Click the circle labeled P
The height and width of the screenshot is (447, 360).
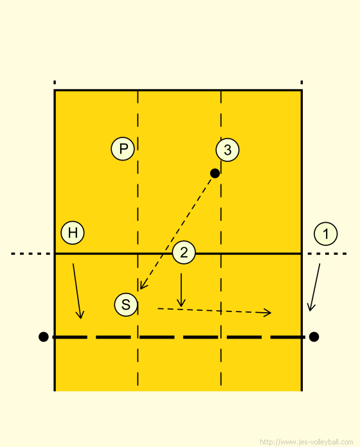click(123, 148)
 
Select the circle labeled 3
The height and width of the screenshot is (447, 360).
click(228, 150)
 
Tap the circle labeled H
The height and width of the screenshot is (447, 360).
click(73, 232)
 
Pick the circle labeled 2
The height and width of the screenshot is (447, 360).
click(184, 252)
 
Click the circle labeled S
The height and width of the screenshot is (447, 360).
click(126, 304)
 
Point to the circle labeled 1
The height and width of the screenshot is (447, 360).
click(326, 234)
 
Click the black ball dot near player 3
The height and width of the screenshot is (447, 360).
click(215, 173)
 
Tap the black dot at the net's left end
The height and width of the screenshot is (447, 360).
click(43, 337)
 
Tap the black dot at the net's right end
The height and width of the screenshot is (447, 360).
click(314, 337)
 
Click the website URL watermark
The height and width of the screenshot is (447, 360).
click(307, 442)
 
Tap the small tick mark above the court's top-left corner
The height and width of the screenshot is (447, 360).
click(55, 83)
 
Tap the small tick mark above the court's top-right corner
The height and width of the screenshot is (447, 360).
click(301, 83)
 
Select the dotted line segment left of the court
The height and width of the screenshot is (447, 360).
click(31, 254)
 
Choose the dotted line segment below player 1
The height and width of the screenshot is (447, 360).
click(327, 254)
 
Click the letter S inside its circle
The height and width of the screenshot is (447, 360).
click(126, 304)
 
